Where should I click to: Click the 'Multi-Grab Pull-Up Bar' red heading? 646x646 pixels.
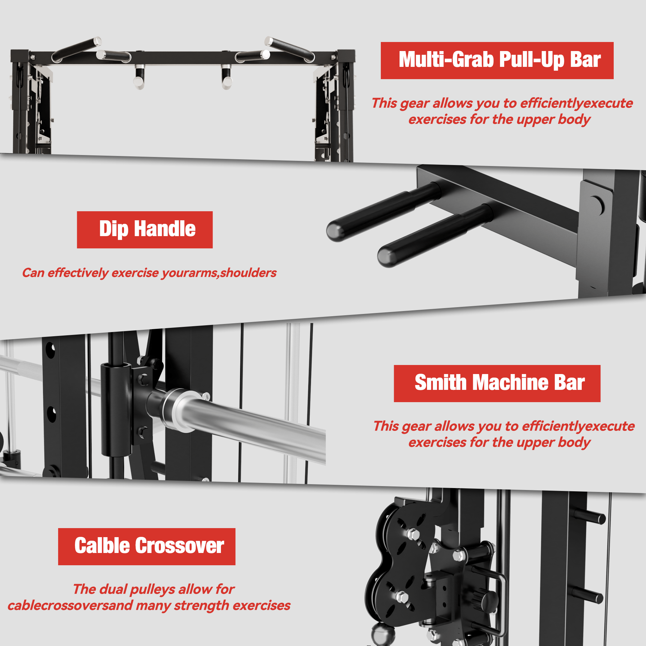tap(497, 60)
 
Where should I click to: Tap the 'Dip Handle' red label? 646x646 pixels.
tap(145, 230)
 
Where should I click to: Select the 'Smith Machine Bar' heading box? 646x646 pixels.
tap(497, 383)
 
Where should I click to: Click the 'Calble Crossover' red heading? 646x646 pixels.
tap(147, 547)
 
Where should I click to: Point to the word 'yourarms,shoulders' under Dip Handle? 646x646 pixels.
tap(219, 273)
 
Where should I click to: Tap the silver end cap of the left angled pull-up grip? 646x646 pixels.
tap(97, 41)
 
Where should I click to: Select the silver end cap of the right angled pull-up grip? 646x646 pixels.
tap(269, 41)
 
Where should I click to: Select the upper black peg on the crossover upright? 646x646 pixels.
tap(590, 516)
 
